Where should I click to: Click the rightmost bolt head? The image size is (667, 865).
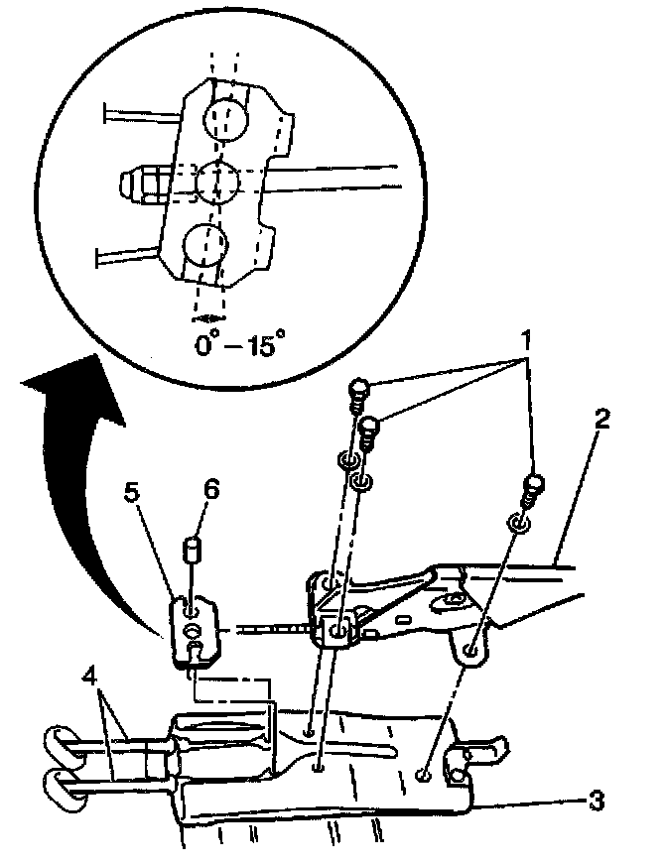(535, 485)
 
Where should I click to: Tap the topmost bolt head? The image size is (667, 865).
(360, 387)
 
